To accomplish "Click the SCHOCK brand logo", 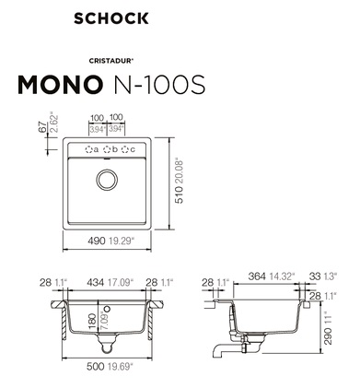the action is coord(111,18).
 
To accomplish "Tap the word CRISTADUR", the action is coord(110,61).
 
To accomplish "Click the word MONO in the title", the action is coord(60,84).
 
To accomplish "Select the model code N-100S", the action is coord(159,84).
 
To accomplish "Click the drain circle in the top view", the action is coord(107,179).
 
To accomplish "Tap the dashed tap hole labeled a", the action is coord(88,149).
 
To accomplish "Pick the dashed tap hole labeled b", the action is coord(107,149).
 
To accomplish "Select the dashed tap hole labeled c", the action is coord(125,149).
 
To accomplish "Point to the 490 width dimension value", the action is coord(97,241).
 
